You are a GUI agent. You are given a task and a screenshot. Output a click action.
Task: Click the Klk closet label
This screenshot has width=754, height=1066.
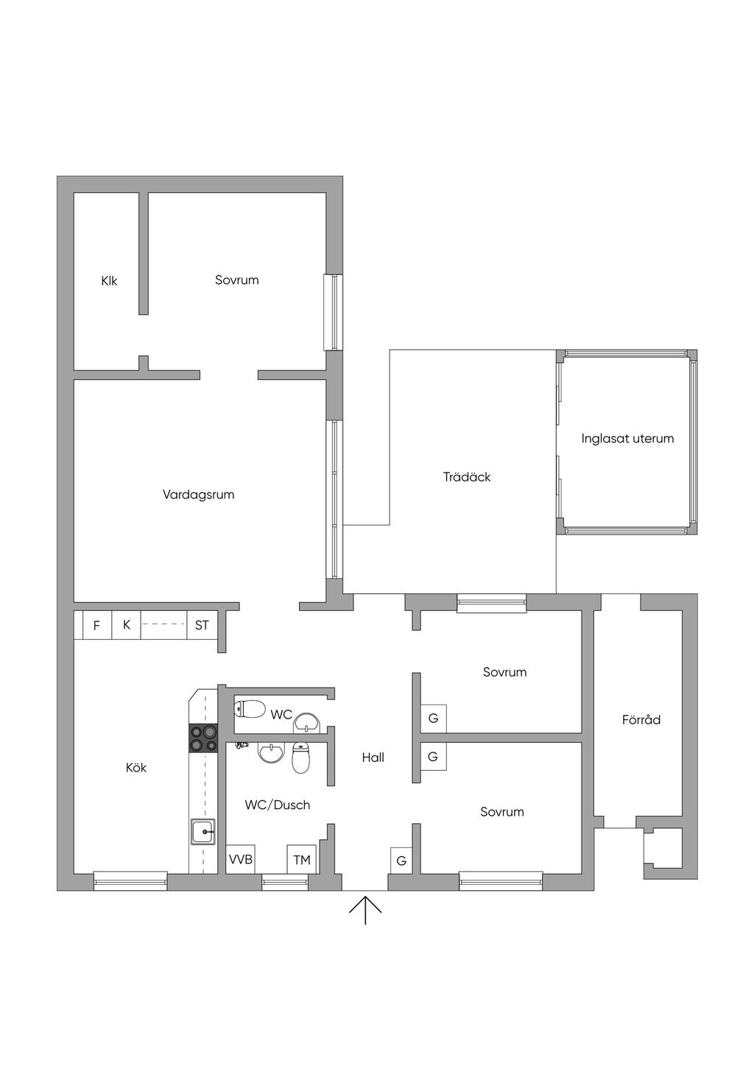pyautogui.click(x=109, y=280)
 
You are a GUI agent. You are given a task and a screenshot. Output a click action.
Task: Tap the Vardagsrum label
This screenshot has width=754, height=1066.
pyautogui.click(x=199, y=495)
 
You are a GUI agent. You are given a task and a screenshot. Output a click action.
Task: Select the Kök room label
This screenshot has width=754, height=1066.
pyautogui.click(x=136, y=767)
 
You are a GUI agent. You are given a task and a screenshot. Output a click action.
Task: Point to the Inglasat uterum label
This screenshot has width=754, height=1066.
pyautogui.click(x=627, y=438)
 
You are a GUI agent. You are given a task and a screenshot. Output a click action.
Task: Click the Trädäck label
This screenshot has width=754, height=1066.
pyautogui.click(x=467, y=476)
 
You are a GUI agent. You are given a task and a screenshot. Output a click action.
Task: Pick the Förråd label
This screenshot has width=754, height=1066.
pyautogui.click(x=641, y=719)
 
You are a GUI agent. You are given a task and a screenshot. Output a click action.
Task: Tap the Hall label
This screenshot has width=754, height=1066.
pyautogui.click(x=373, y=757)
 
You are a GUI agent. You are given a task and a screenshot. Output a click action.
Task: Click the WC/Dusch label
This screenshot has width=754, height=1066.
pyautogui.click(x=277, y=805)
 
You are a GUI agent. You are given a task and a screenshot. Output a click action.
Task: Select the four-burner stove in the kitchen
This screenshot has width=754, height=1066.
pyautogui.click(x=204, y=738)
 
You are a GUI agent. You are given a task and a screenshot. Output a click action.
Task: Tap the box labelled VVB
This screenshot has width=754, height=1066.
pyautogui.click(x=240, y=859)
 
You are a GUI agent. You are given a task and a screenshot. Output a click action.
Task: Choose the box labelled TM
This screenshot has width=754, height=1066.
pyautogui.click(x=302, y=859)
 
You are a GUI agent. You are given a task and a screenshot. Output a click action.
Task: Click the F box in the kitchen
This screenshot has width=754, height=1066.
pyautogui.click(x=97, y=625)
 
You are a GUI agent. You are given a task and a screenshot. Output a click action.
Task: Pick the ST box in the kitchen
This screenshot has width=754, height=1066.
pyautogui.click(x=202, y=625)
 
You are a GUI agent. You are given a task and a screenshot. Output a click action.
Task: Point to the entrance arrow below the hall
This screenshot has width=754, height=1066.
pyautogui.click(x=365, y=910)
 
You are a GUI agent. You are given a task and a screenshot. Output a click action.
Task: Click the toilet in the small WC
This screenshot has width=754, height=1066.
pyautogui.click(x=250, y=710)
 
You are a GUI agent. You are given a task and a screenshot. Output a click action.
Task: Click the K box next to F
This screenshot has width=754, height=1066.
pyautogui.click(x=126, y=625)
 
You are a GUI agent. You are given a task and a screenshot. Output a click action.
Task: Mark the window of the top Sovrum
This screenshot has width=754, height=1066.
pyautogui.click(x=334, y=312)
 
